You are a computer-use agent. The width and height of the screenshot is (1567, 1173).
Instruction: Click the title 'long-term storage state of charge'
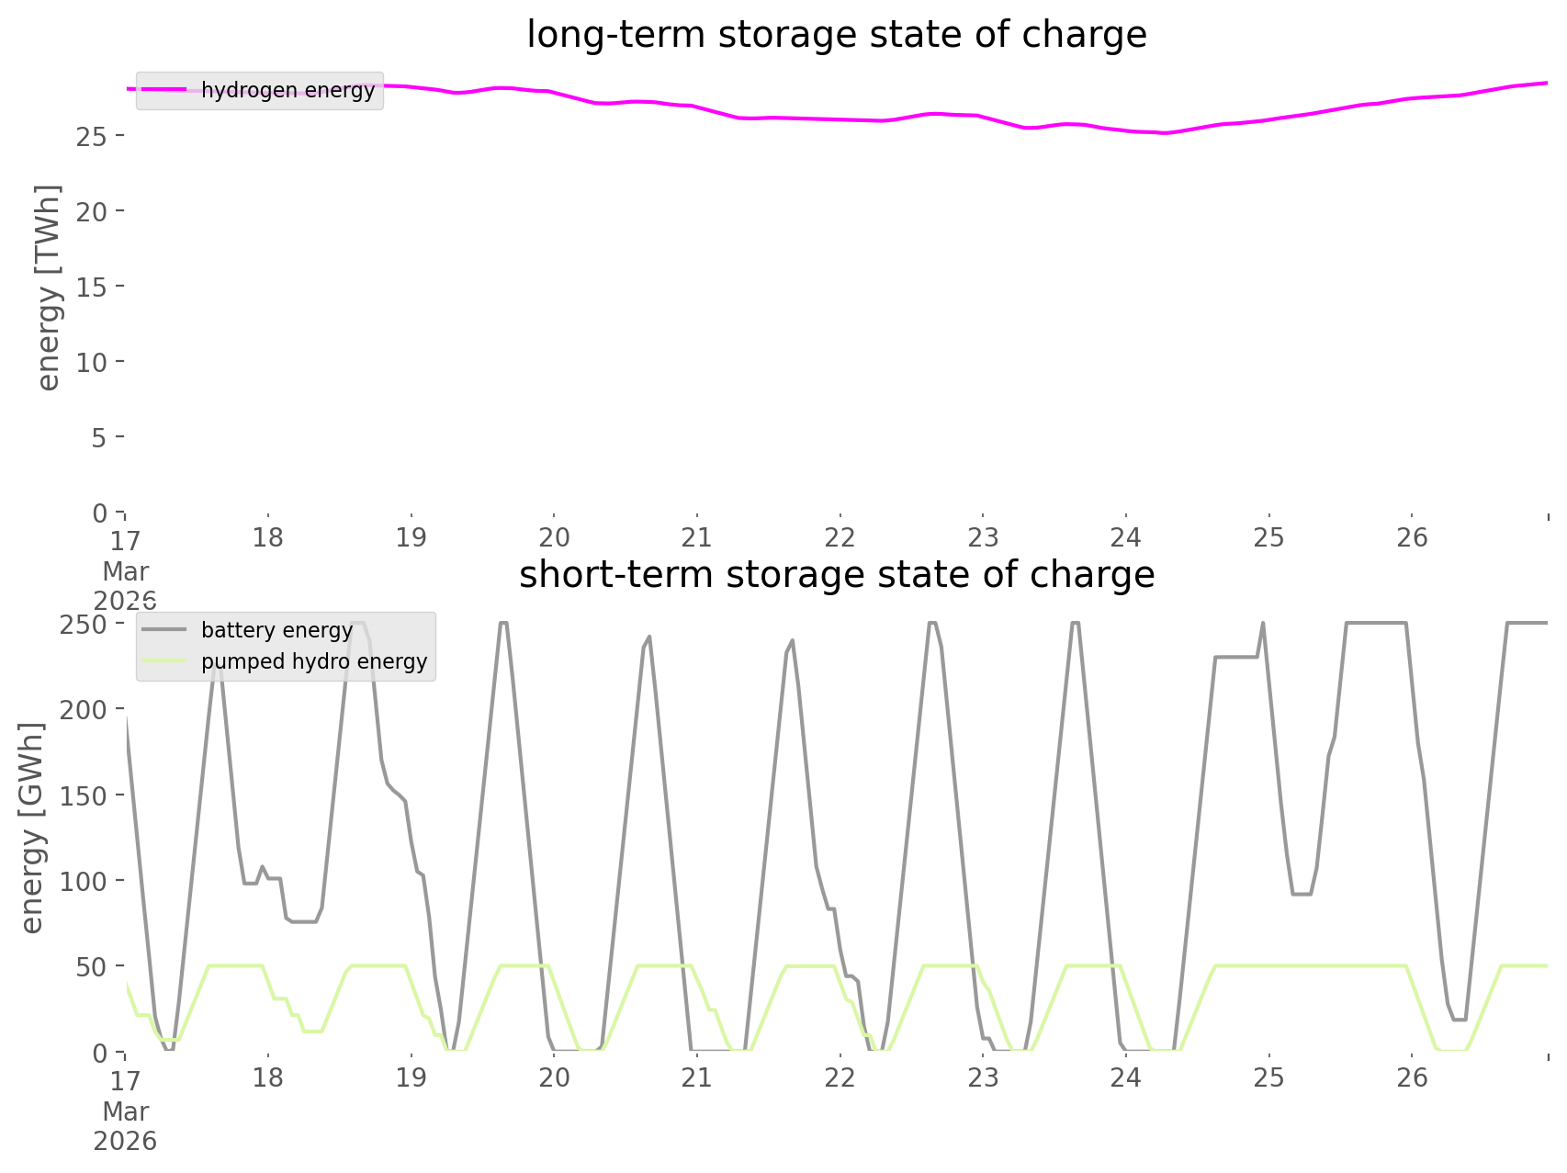coord(836,35)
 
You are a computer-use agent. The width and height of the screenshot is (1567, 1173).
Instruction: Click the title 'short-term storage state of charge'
coord(836,575)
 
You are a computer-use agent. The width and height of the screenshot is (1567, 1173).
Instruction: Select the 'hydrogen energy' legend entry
coord(287,90)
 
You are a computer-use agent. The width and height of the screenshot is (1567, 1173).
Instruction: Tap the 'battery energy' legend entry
coord(276,630)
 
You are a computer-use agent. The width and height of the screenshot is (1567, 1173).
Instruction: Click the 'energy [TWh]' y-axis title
coord(49,288)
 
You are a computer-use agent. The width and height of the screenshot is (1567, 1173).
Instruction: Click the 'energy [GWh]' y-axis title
coord(32,829)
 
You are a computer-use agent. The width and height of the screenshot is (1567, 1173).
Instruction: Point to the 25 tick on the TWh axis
coord(94,136)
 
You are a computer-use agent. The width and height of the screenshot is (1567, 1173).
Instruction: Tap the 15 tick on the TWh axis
coord(94,287)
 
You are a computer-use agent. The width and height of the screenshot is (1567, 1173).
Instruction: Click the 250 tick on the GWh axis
coord(86,625)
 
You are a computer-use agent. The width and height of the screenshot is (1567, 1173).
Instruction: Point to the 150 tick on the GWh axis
coord(86,795)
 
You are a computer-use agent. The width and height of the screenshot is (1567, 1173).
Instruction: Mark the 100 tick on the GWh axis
coord(86,881)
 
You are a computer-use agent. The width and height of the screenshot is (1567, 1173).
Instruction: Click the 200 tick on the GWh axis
coord(86,710)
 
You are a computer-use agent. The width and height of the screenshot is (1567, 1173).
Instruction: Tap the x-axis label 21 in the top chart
coord(697,537)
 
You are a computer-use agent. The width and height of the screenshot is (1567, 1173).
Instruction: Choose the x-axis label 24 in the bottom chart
coord(1126,1077)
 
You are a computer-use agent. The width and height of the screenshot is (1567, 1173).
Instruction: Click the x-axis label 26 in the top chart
coord(1413,537)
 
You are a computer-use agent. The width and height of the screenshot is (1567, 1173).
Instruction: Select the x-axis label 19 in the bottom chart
coord(411,1077)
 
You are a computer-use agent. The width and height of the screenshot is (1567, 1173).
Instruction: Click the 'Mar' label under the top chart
coord(126,571)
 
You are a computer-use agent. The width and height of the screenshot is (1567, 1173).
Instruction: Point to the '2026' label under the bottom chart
coord(126,1141)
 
